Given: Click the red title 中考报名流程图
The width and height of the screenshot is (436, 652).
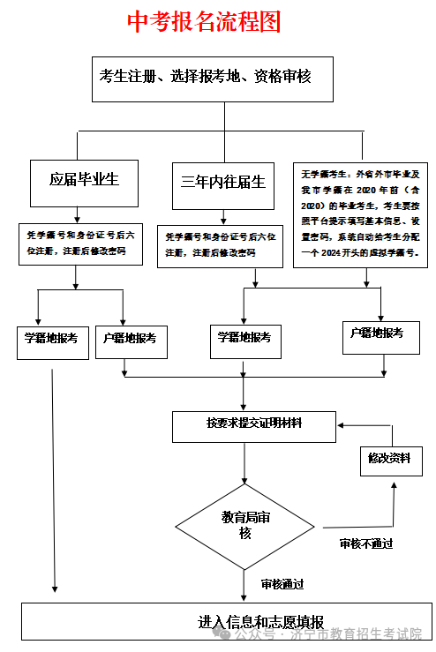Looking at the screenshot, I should pyautogui.click(x=204, y=22).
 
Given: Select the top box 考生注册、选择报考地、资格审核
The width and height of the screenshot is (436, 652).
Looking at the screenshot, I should pyautogui.click(x=205, y=79).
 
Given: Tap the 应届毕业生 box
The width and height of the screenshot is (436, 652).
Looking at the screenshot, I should pyautogui.click(x=84, y=181).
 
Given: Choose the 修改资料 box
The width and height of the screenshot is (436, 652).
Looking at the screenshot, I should pyautogui.click(x=391, y=461).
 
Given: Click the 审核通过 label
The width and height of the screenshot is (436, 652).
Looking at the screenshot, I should pyautogui.click(x=282, y=584).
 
